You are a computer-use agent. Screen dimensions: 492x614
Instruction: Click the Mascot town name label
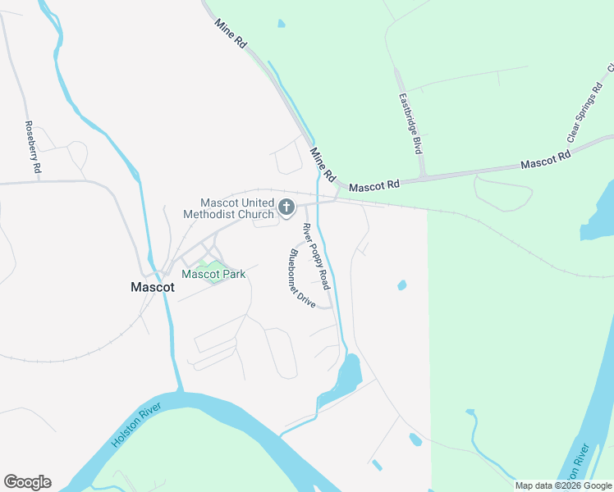click(153, 288)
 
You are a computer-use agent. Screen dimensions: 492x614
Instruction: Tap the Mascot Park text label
click(213, 275)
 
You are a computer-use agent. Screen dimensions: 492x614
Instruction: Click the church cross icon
click(286, 207)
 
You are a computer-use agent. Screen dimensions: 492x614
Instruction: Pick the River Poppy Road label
click(316, 256)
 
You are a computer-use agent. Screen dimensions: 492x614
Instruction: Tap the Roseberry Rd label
click(32, 147)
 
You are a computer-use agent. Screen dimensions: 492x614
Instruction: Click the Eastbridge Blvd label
click(410, 124)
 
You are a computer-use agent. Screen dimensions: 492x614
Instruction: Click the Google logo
click(27, 482)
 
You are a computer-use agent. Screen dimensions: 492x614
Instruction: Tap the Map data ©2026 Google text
click(563, 485)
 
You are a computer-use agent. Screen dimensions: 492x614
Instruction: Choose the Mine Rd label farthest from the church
click(230, 32)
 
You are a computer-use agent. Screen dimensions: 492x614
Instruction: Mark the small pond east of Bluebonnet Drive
click(401, 285)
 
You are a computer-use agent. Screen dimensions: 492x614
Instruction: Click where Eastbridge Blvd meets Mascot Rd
click(424, 175)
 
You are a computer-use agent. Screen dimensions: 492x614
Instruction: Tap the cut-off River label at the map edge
click(579, 464)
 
